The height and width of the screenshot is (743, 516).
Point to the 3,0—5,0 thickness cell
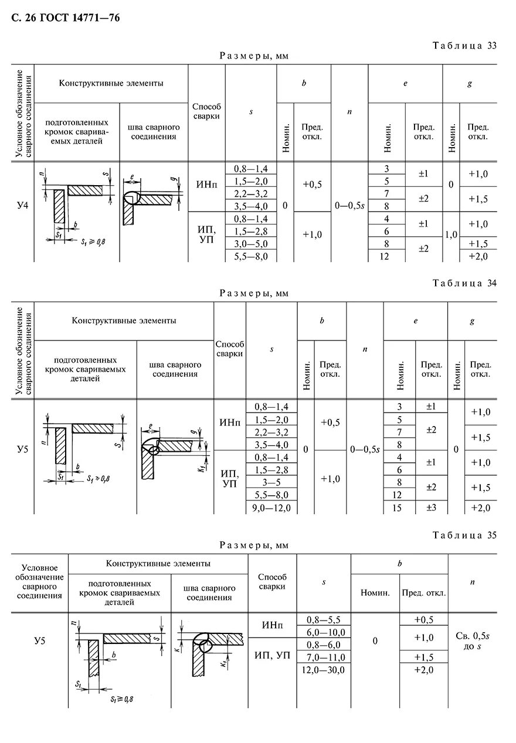(250, 244)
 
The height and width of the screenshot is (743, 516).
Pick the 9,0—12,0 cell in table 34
(271, 507)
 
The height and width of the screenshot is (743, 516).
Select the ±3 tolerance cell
(431, 507)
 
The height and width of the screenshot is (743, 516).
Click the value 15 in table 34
(397, 507)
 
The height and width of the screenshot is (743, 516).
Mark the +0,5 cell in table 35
(423, 619)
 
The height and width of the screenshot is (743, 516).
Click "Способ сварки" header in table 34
(230, 349)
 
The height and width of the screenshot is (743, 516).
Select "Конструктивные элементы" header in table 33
(111, 83)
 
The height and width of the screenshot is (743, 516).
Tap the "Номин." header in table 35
(375, 593)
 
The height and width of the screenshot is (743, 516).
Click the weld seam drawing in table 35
(209, 647)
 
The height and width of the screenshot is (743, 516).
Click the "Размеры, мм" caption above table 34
(254, 293)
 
